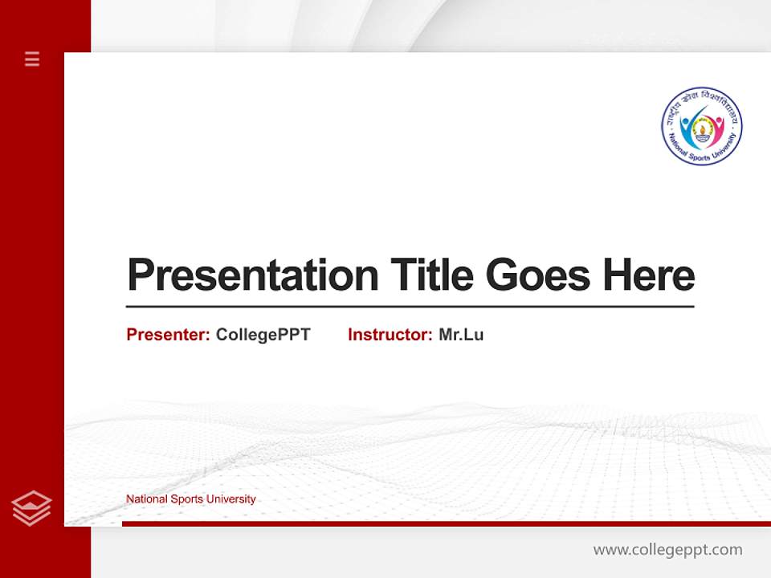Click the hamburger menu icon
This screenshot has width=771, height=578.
(x=32, y=59)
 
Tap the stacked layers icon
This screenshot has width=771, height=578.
(x=31, y=508)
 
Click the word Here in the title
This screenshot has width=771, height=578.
(x=649, y=275)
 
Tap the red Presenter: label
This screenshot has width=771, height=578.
(x=169, y=335)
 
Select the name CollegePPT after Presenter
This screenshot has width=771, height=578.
(x=263, y=335)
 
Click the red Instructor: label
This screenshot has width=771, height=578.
(x=390, y=335)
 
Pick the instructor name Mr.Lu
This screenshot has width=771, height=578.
(x=461, y=335)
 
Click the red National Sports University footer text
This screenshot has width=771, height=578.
(x=191, y=499)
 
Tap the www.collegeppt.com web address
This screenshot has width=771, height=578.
(x=667, y=550)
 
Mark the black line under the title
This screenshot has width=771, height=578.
(x=410, y=306)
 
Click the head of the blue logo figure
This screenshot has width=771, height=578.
(x=685, y=122)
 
